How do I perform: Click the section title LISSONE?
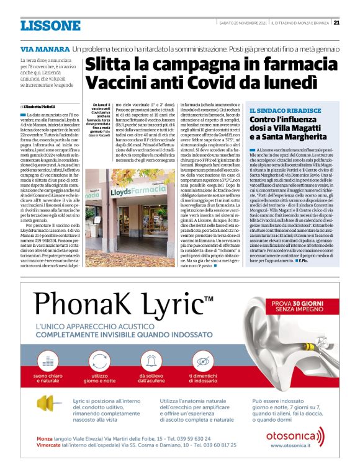point(50,25)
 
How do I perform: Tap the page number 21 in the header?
point(336,23)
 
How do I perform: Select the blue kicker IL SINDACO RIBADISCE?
point(277,110)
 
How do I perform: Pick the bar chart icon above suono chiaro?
point(50,360)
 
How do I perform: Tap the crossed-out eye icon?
point(200,360)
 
